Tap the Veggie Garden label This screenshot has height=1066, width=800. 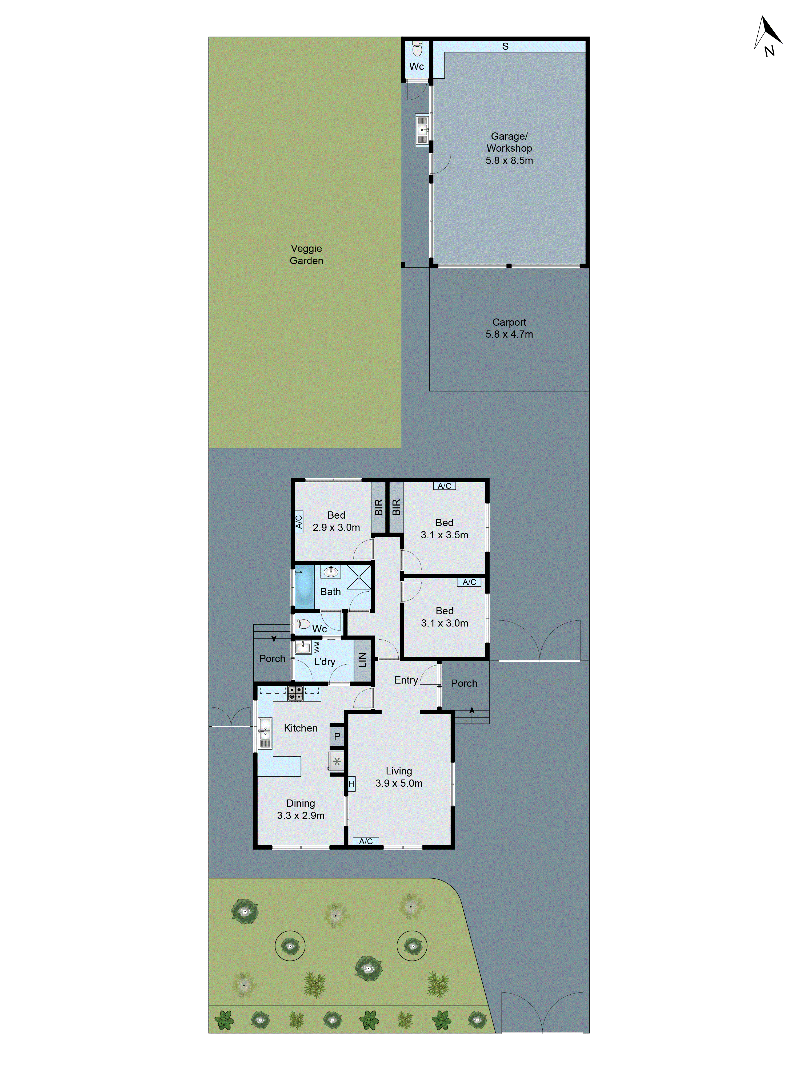click(x=306, y=255)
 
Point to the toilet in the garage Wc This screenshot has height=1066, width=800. click(x=417, y=49)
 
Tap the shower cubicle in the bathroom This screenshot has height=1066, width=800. click(x=359, y=577)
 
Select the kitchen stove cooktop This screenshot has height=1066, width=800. click(x=295, y=693)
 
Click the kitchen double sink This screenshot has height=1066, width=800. click(x=265, y=733)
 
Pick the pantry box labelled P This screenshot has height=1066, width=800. click(x=337, y=736)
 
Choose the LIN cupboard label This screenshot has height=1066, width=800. click(x=363, y=660)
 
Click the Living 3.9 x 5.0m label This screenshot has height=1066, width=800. click(x=399, y=777)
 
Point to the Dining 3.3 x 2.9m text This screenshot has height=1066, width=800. click(x=301, y=809)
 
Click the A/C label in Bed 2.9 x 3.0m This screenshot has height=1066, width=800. click(x=298, y=522)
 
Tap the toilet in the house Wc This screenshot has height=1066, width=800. click(x=302, y=624)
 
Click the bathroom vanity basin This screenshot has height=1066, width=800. click(x=330, y=572)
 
